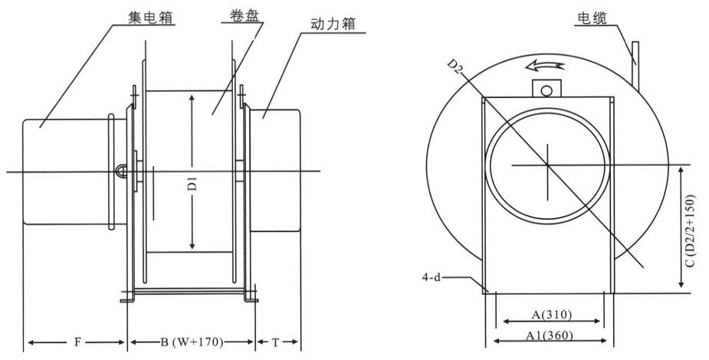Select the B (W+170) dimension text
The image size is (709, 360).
[x=190, y=343]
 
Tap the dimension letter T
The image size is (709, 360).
[x=277, y=343]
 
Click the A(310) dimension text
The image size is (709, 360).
[x=550, y=314]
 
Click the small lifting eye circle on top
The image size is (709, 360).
[x=546, y=90]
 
